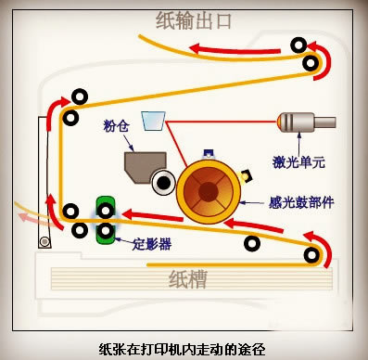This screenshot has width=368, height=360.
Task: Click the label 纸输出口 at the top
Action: pos(194,20)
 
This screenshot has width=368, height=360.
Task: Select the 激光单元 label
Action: pos(298,161)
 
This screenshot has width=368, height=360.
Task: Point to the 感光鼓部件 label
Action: pos(301,203)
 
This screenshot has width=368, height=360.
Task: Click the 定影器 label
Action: pos(152,244)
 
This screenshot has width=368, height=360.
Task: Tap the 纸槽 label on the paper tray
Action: pos(187,279)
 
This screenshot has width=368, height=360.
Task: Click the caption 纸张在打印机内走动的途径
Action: pos(183,350)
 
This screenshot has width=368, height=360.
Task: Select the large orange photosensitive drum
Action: pos(209,191)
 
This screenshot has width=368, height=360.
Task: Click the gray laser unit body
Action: pos(307,122)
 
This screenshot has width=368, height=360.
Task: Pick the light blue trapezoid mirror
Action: pos(153,121)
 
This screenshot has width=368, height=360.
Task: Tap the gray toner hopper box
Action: pos(145,166)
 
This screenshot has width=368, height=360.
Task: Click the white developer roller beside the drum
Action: pos(163,183)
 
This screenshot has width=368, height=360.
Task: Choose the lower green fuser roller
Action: pos(106,231)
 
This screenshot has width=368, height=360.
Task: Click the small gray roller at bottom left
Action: pos(44,241)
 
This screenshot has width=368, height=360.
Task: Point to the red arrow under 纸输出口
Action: pos(235,50)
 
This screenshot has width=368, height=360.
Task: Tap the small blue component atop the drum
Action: pos(208,153)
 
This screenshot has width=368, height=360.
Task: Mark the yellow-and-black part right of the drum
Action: pos(247,175)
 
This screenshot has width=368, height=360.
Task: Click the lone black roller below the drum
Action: pos(252,243)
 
